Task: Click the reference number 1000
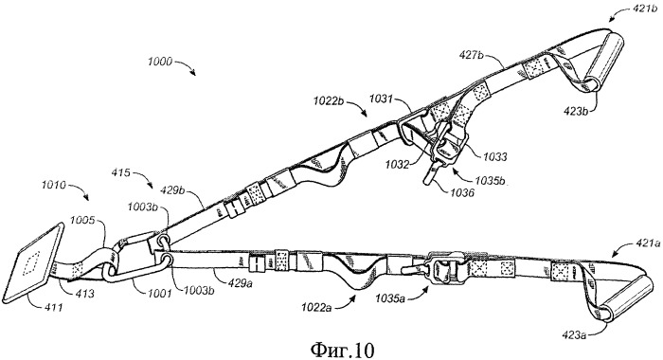(x=160, y=62)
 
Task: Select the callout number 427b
(x=472, y=55)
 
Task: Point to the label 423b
(x=576, y=112)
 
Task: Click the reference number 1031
(x=381, y=99)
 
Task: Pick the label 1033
(x=495, y=157)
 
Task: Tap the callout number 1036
(x=462, y=193)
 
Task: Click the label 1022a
(x=316, y=307)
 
